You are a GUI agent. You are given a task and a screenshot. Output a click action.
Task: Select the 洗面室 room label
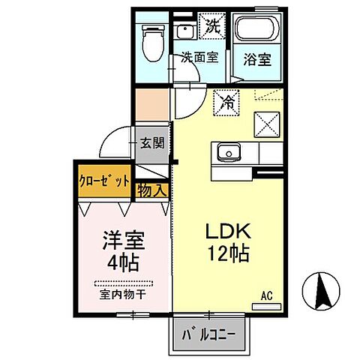coord(199,57)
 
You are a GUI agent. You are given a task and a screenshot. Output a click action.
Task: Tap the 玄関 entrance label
coord(152,144)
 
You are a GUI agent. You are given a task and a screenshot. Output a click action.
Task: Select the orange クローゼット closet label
coord(104,181)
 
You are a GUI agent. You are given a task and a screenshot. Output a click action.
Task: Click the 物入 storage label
coord(152,191)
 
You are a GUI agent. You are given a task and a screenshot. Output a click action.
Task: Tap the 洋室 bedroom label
coord(122,242)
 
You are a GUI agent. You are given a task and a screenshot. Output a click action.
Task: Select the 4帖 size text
coord(122,263)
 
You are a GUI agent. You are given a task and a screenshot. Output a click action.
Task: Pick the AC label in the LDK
coord(266,297)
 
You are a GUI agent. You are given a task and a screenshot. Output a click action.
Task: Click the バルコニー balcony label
coord(209,333)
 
